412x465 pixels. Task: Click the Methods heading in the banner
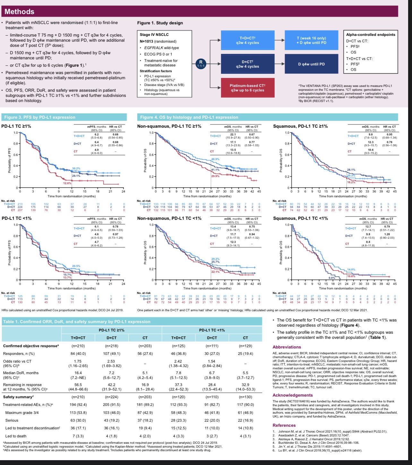[x=19, y=12]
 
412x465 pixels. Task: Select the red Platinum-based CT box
[x=247, y=88]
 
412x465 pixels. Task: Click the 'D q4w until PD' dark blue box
[x=311, y=64]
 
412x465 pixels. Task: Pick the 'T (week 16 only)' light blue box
[x=311, y=40]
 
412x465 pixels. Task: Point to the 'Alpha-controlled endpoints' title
[x=371, y=35]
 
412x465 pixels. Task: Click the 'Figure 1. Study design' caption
[x=160, y=23]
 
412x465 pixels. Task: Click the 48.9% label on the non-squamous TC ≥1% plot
[x=215, y=159]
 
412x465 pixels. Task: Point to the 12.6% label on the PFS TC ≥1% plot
[x=67, y=183]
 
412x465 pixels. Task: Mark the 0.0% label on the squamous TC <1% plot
[x=332, y=278]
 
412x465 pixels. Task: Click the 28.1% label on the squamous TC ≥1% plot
[x=351, y=170]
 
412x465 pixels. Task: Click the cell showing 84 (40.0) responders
[x=78, y=354]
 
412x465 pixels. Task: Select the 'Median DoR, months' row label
[x=21, y=373]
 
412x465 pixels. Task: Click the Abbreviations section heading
[x=287, y=347]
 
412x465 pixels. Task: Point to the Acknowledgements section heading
[x=292, y=395]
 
